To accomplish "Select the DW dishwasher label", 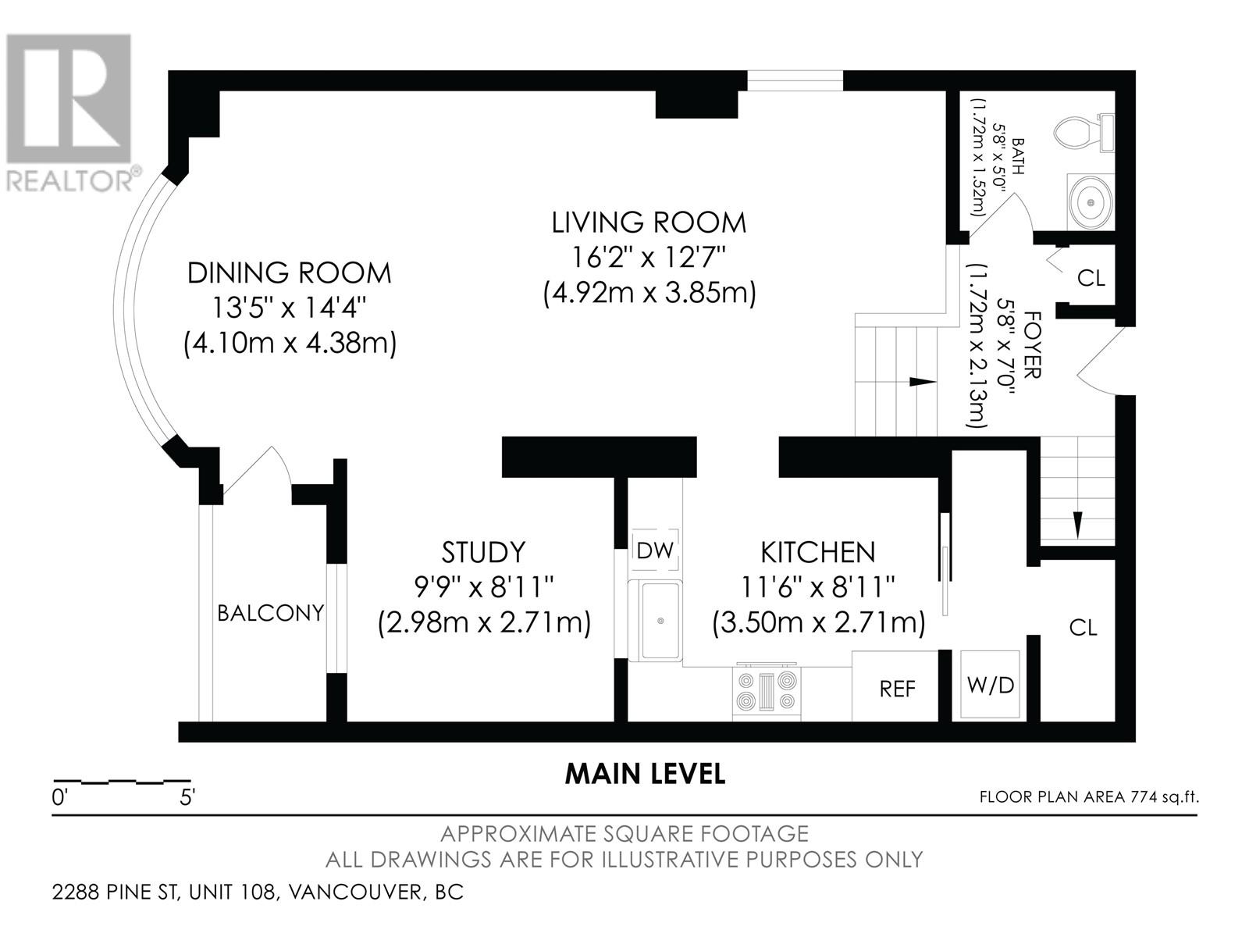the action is pos(655,550).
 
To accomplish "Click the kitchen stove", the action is pos(767,691).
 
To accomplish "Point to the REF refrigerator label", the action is pos(898,689).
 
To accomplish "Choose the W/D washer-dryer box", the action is pos(990,685).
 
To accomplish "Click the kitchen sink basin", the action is pos(660,621).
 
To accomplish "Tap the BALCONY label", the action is pos(271,613).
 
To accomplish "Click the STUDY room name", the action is pos(484,552).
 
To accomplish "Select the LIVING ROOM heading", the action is pos(649,223).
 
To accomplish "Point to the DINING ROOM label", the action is pos(290,273).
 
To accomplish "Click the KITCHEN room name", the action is pos(817,552).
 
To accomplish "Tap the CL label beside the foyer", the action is pos(1091,278).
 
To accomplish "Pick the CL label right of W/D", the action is pos(1083,628).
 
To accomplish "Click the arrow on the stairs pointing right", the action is pos(923,382).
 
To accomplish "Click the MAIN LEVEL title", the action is pos(646,774).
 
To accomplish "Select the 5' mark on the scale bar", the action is pos(187,797).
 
